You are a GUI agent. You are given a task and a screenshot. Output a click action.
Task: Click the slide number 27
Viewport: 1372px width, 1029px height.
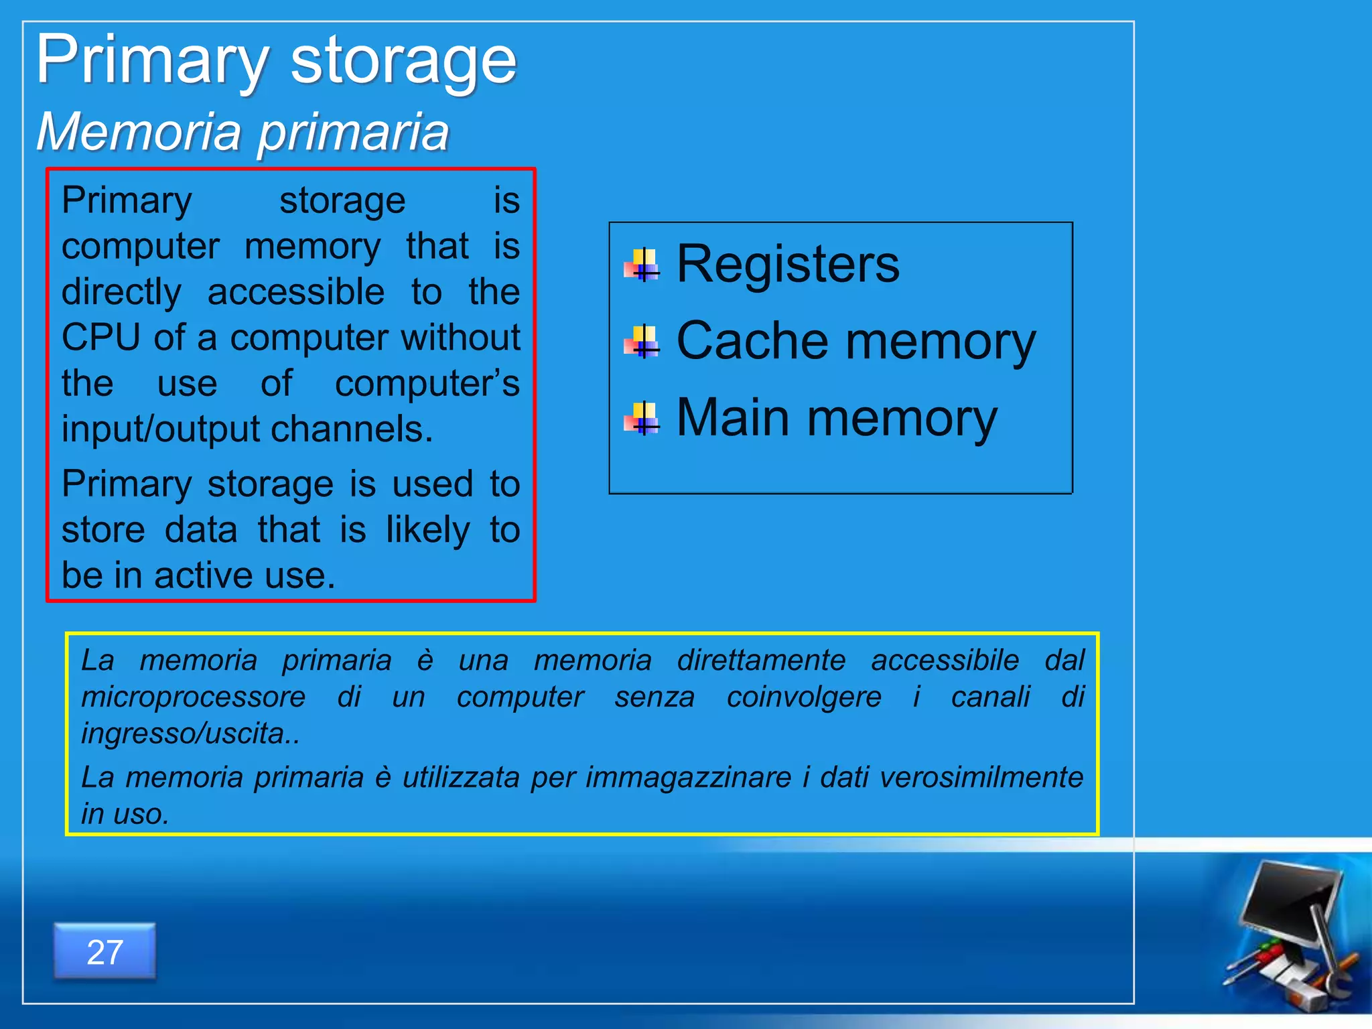105,952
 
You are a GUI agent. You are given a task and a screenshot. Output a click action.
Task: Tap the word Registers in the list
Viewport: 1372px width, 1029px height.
788,264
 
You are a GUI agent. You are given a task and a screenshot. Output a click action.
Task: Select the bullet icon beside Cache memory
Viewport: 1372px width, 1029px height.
642,342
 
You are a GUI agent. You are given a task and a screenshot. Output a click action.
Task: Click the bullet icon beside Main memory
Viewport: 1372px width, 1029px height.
642,419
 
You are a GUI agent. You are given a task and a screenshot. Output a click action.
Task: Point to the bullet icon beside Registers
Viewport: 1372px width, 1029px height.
642,265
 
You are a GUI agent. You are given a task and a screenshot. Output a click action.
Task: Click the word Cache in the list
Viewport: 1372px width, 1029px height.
752,341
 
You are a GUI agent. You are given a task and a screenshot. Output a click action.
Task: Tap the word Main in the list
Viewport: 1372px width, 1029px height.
732,417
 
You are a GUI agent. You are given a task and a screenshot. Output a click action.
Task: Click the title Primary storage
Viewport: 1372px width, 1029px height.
276,60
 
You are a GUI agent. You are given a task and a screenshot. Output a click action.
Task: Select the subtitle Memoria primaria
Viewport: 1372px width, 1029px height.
243,131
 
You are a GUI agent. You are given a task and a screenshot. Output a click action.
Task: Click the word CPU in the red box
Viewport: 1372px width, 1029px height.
101,337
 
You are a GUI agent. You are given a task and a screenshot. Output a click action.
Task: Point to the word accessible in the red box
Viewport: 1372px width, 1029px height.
296,292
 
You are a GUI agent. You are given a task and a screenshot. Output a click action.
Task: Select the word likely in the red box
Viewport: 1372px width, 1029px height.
428,530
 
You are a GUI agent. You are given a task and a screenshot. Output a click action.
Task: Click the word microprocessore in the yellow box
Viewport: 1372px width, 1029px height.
193,697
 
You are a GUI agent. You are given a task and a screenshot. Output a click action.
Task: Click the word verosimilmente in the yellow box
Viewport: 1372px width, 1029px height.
981,778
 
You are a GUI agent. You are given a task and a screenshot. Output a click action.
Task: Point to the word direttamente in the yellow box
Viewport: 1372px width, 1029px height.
761,661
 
